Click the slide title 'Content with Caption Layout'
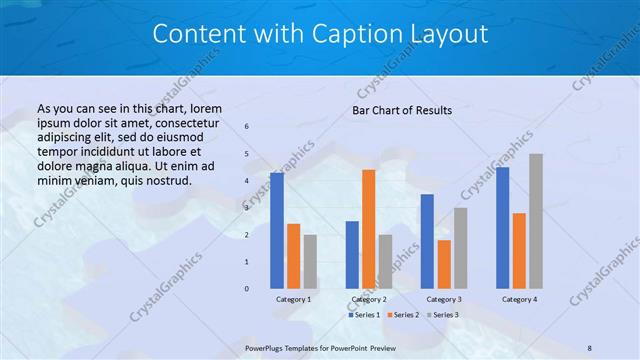320,34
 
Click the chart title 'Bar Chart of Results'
402,110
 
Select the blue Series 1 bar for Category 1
276,231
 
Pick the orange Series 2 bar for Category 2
368,229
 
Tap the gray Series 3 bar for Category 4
536,221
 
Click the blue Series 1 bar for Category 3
427,241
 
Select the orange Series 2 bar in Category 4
519,251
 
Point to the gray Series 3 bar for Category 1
310,262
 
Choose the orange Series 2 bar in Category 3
444,264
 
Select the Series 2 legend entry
403,315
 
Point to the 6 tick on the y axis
247,126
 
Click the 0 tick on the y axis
247,289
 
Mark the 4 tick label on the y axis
247,181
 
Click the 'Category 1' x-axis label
293,299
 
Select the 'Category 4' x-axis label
519,299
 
